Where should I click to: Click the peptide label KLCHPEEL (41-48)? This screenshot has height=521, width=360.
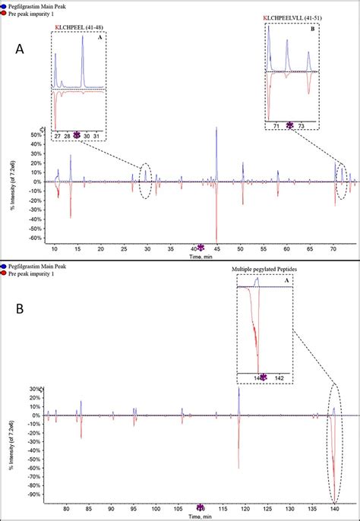pyautogui.click(x=77, y=27)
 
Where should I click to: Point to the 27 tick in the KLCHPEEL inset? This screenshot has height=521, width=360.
pyautogui.click(x=57, y=136)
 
